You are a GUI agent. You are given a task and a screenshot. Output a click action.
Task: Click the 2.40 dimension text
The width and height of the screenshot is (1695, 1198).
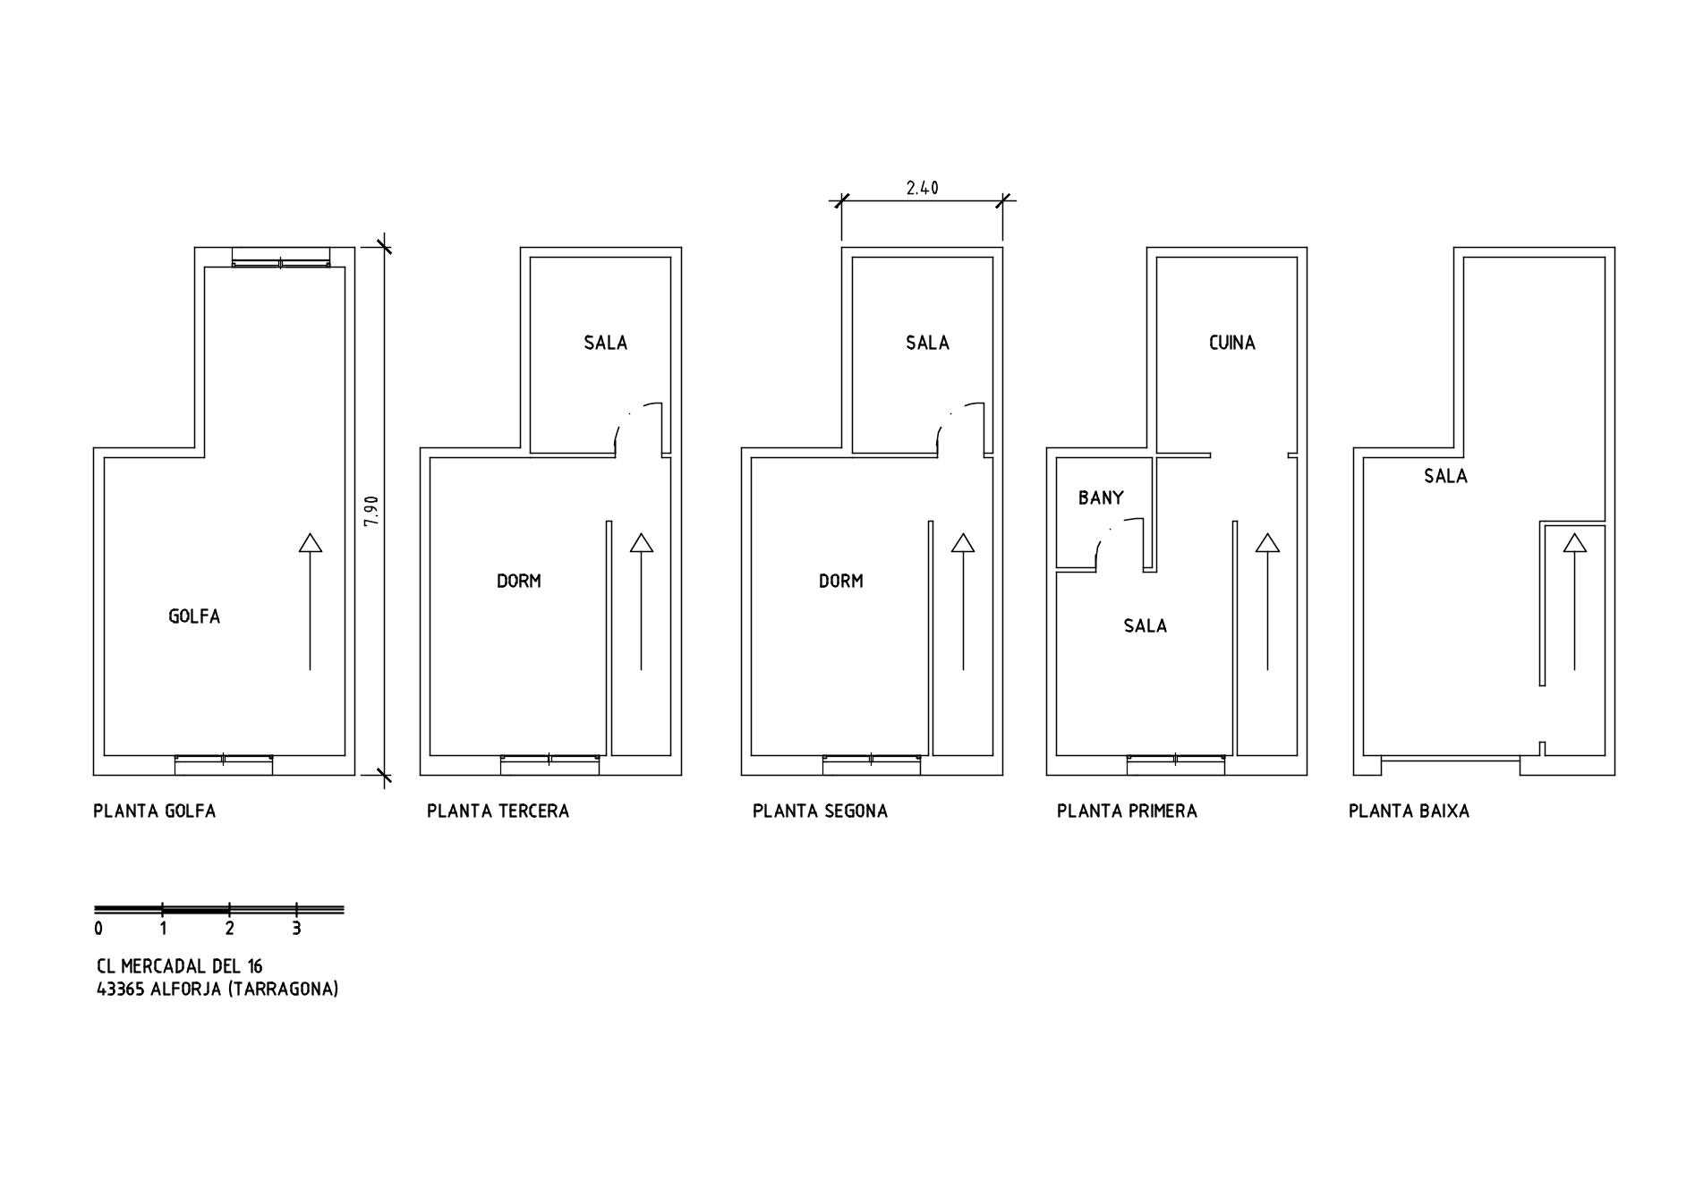pyautogui.click(x=922, y=188)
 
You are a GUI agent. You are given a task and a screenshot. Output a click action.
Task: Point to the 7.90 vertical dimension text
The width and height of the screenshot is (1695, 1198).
pyautogui.click(x=372, y=511)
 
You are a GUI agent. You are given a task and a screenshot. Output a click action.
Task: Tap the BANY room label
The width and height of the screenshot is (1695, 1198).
pyautogui.click(x=1101, y=497)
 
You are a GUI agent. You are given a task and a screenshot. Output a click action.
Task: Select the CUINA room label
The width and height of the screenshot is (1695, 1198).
pyautogui.click(x=1231, y=343)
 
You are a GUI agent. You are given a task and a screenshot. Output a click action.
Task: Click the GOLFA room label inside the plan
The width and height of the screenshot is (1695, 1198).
pyautogui.click(x=194, y=616)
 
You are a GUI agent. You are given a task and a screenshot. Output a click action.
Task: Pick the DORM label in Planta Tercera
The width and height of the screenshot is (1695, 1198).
pyautogui.click(x=519, y=581)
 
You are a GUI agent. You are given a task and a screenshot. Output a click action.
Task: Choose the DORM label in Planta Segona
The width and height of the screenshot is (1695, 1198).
pyautogui.click(x=841, y=581)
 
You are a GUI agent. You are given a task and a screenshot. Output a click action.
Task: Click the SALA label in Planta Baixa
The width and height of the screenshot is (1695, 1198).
pyautogui.click(x=1445, y=476)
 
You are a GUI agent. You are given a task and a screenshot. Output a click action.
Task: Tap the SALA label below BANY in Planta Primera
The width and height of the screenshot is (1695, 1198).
pyautogui.click(x=1146, y=625)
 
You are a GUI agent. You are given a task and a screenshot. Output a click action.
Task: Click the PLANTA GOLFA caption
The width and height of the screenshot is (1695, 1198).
pyautogui.click(x=155, y=811)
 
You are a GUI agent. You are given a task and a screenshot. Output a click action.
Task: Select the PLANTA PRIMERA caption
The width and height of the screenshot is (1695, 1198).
pyautogui.click(x=1127, y=811)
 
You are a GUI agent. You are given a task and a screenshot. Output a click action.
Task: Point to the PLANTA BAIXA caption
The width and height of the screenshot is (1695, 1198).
pyautogui.click(x=1409, y=811)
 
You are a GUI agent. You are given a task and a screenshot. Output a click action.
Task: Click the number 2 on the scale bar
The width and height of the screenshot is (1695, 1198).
pyautogui.click(x=229, y=929)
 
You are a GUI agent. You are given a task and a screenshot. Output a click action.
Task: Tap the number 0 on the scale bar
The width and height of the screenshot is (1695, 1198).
pyautogui.click(x=98, y=929)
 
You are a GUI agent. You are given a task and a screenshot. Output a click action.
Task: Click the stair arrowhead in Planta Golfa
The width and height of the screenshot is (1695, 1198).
pyautogui.click(x=311, y=542)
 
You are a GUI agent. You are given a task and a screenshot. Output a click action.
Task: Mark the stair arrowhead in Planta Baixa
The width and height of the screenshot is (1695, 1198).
pyautogui.click(x=1575, y=542)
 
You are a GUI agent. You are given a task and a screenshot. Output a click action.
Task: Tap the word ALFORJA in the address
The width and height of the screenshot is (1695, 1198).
pyautogui.click(x=186, y=990)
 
